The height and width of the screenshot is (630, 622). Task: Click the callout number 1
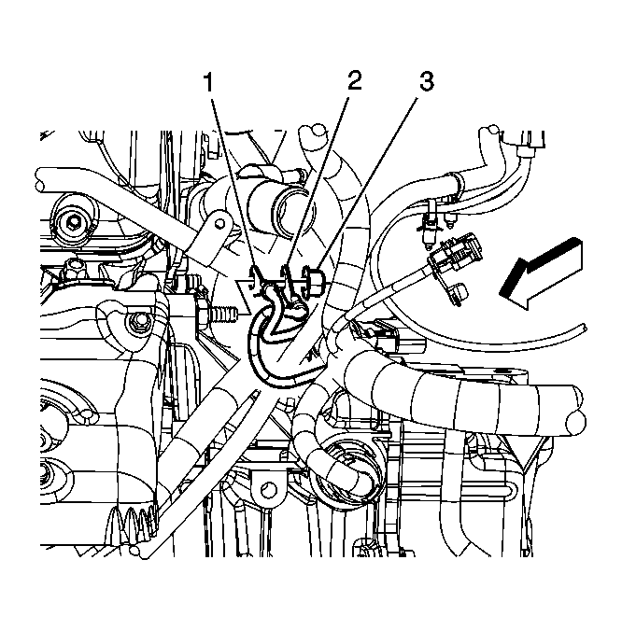point(208,83)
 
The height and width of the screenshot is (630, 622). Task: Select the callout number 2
point(354,81)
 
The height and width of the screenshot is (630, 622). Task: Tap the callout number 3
point(426,81)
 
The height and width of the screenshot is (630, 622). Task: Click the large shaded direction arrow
point(541,273)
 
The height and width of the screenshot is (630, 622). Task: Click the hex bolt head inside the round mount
point(74,221)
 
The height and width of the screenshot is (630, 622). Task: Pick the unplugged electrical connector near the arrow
point(456,252)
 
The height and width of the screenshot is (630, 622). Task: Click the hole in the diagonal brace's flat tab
point(219,222)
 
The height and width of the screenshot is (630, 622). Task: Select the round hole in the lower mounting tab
point(268,489)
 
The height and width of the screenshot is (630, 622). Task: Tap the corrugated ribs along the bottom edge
point(133,523)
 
